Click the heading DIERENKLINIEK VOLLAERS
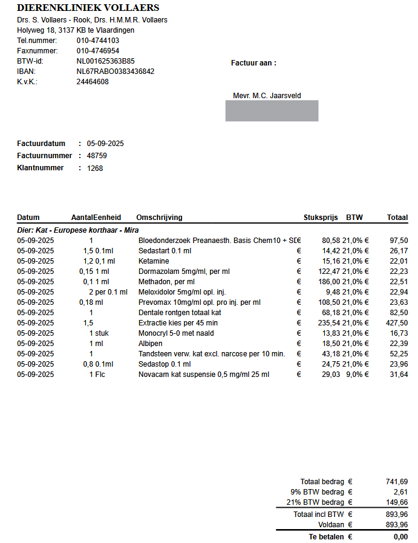(88, 8)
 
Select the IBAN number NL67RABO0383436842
(115, 72)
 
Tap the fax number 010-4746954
(97, 51)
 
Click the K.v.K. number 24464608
(93, 82)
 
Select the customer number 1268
(95, 168)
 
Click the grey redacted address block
(272, 111)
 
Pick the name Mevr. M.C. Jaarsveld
(267, 96)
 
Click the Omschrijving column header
(159, 218)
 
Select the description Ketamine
(154, 261)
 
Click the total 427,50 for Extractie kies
(397, 323)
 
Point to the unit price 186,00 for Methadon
(329, 282)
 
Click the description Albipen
(151, 344)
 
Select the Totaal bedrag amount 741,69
(397, 481)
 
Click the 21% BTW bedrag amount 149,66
(397, 502)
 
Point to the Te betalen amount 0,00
(400, 537)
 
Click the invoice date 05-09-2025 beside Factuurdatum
(105, 144)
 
